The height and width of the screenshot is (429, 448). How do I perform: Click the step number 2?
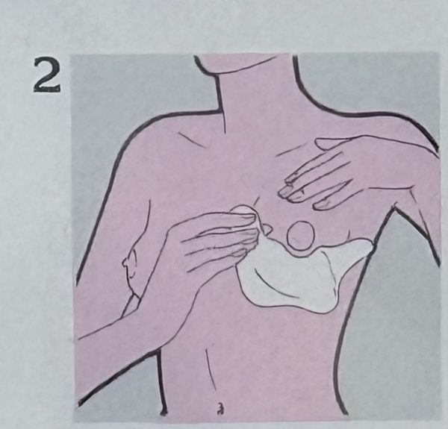pyautogui.click(x=47, y=75)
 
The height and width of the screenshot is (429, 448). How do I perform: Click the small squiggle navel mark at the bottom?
pyautogui.click(x=220, y=408)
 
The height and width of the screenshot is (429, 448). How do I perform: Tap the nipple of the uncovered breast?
pyautogui.click(x=125, y=263)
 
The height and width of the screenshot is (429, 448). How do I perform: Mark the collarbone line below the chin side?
pyautogui.click(x=191, y=140)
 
